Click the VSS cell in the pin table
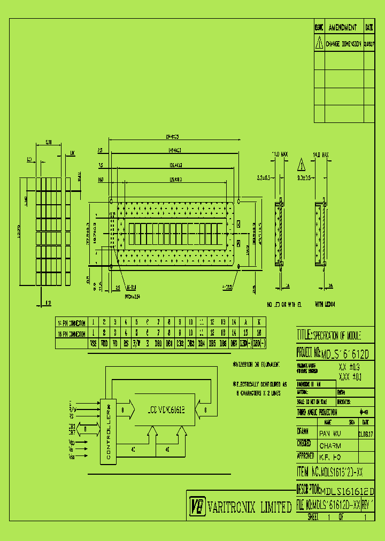tap(93, 344)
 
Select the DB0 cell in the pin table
tap(158, 344)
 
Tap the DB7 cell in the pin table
tap(234, 344)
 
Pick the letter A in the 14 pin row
tap(245, 322)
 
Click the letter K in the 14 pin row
tap(259, 322)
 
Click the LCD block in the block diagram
tap(166, 410)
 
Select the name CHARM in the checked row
tap(330, 445)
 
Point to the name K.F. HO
tap(330, 458)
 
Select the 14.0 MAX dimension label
tap(322, 154)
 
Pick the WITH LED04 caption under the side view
tap(326, 304)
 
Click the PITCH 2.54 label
tap(132, 295)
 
